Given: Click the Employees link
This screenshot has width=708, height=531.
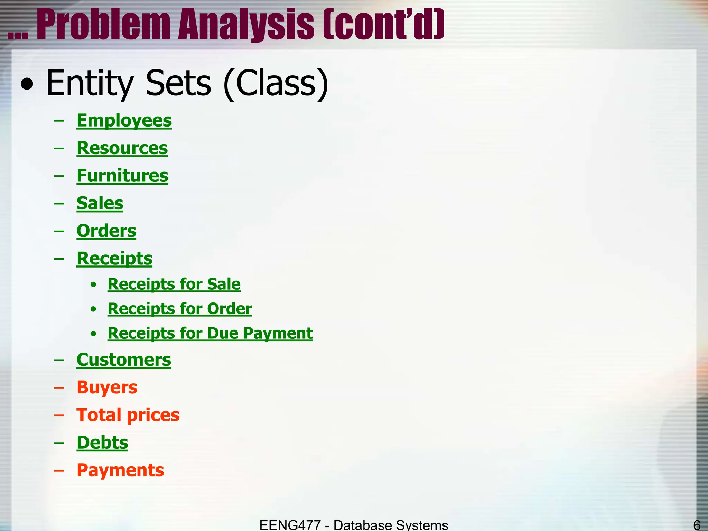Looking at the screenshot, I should [124, 121].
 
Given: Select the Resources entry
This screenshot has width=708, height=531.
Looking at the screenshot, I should [122, 148].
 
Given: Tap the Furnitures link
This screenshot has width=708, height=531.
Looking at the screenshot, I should [122, 176].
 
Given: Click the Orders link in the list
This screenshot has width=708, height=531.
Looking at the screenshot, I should [106, 231].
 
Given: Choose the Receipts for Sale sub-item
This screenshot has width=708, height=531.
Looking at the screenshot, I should [174, 284].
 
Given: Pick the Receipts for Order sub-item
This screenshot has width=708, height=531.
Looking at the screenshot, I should [180, 309].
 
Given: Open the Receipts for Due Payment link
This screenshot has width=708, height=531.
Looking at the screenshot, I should [210, 333].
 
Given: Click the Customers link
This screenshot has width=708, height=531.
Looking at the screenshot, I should [124, 360].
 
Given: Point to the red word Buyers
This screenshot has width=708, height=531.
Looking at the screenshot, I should [107, 387].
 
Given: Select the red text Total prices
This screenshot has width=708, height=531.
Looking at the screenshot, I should [128, 415].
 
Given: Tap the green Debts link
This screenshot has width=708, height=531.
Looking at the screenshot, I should [102, 442].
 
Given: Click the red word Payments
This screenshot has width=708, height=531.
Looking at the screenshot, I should [120, 470].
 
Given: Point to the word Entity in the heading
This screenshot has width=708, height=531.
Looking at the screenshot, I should [90, 83].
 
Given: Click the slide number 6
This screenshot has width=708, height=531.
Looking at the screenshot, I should [697, 525].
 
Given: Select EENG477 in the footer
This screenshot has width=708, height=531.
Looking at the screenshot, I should [290, 525].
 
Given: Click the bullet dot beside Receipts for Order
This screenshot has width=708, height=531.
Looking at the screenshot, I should [93, 309].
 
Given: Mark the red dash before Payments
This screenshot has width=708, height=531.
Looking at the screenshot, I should [59, 471].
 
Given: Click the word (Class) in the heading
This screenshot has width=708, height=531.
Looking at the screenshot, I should [276, 83].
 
